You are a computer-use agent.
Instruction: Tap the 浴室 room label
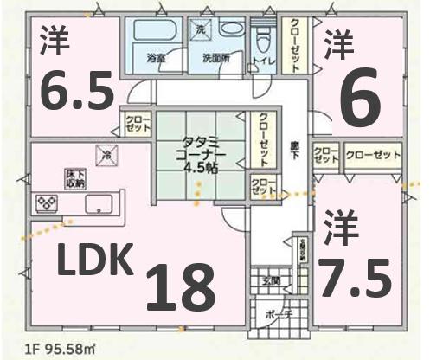click(x=157, y=59)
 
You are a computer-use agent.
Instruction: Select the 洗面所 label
click(x=215, y=59)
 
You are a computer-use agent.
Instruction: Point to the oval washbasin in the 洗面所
click(x=231, y=29)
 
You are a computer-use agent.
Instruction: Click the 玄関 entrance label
click(x=271, y=280)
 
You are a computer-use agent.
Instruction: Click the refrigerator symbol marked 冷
click(x=106, y=156)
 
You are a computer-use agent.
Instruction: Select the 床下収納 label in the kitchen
click(x=74, y=178)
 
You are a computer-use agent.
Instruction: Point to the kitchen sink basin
click(x=100, y=206)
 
